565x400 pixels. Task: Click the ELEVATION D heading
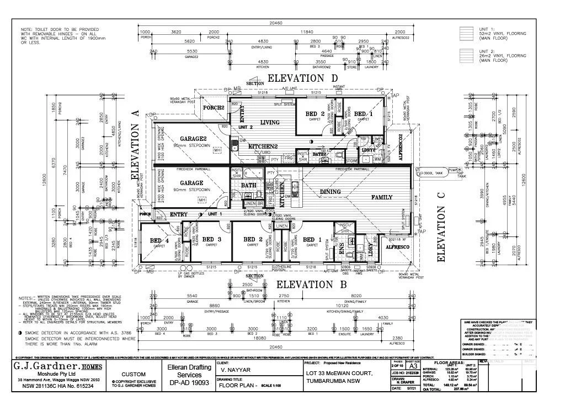[302, 78]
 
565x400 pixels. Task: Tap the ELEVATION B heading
[311, 285]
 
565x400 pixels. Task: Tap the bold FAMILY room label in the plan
[381, 197]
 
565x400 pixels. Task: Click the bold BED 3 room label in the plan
[211, 239]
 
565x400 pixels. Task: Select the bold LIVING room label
[270, 123]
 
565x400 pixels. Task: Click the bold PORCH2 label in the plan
[214, 108]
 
